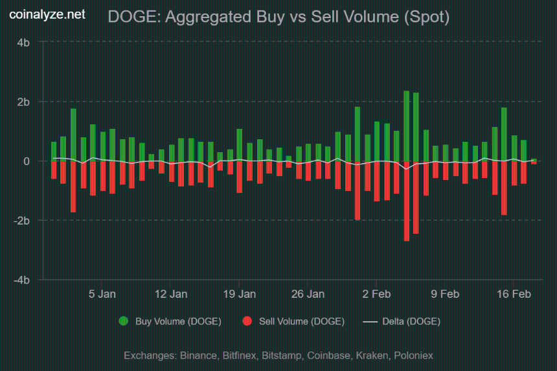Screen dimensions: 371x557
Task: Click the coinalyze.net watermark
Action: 47,14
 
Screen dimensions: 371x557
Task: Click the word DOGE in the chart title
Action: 132,17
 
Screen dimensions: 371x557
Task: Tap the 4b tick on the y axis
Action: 23,42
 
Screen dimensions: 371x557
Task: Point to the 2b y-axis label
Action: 23,102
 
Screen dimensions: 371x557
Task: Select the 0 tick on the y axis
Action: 27,161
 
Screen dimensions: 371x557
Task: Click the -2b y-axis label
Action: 21,221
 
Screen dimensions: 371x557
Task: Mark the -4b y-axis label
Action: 21,280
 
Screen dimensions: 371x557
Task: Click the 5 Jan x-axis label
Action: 102,294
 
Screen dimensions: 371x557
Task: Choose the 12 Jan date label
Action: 171,294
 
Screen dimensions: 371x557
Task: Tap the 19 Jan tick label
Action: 240,294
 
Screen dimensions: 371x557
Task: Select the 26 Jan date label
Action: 308,294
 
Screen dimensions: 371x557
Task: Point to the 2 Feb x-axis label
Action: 377,294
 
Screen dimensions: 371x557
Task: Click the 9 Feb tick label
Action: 446,294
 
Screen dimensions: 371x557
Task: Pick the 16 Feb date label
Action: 514,294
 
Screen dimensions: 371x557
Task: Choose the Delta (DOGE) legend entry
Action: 402,321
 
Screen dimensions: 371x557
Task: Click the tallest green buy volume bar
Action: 406,126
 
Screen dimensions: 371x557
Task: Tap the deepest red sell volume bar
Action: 406,201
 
